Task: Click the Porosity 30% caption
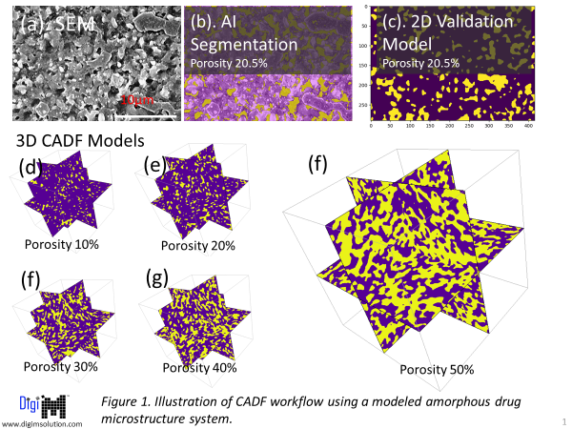[63, 366]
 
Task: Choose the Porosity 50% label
[436, 370]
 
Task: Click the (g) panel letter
[158, 278]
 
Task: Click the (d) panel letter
[31, 167]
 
